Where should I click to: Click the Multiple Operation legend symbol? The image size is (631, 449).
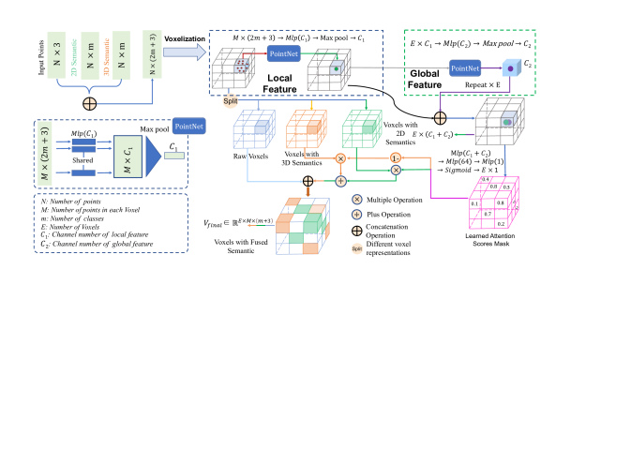(x=355, y=201)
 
